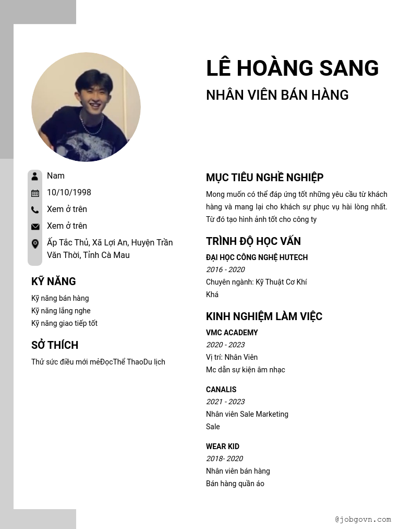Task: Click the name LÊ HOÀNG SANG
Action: pos(292,68)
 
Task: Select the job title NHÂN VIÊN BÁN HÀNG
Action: pos(277,95)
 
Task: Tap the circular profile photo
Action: pos(86,107)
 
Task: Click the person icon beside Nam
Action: pos(35,176)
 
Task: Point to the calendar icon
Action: pos(35,193)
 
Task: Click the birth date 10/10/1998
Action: pos(69,193)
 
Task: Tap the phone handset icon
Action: pos(35,210)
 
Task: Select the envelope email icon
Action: pos(35,227)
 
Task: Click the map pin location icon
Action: pos(35,244)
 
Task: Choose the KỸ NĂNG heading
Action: pos(54,281)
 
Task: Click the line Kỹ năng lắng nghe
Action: pos(60,311)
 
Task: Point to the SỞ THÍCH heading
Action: pos(55,345)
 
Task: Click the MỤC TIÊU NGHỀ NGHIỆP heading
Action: pos(264,178)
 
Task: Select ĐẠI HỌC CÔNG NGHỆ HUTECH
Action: pos(257,257)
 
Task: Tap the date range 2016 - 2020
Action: pos(225,269)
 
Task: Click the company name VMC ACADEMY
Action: pos(232,333)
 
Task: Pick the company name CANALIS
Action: pos(221,390)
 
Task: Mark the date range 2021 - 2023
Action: pos(225,402)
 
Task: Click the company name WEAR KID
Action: pos(223,446)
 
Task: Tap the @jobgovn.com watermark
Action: pos(363,520)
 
